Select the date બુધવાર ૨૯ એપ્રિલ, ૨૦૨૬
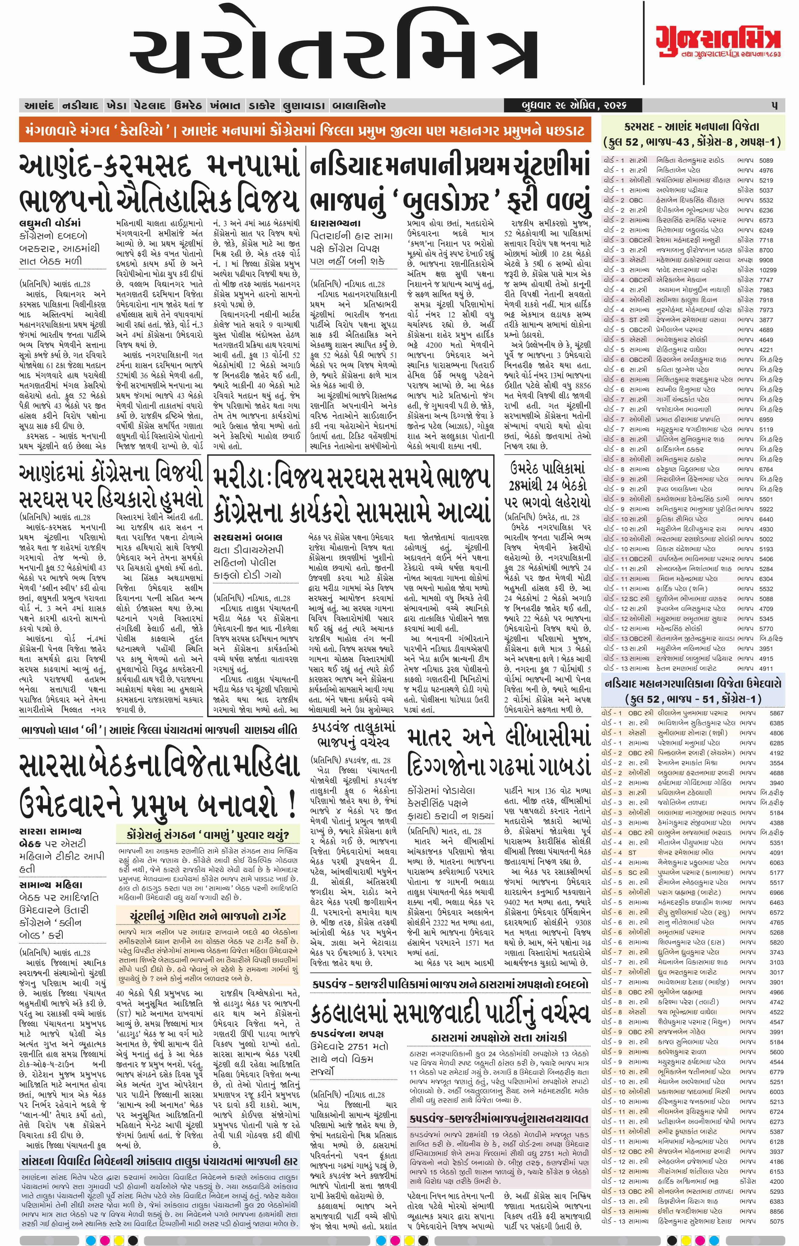pos(574,105)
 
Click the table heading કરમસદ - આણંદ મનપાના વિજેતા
pos(692,126)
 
